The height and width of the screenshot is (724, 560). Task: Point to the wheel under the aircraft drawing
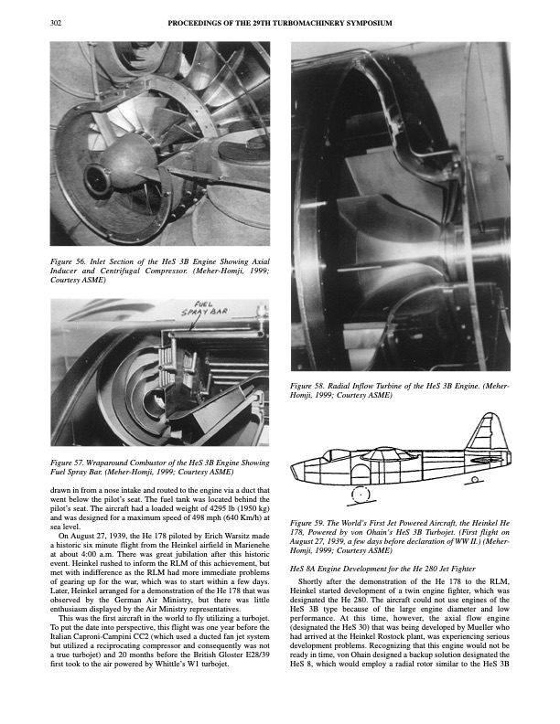click(x=363, y=496)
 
